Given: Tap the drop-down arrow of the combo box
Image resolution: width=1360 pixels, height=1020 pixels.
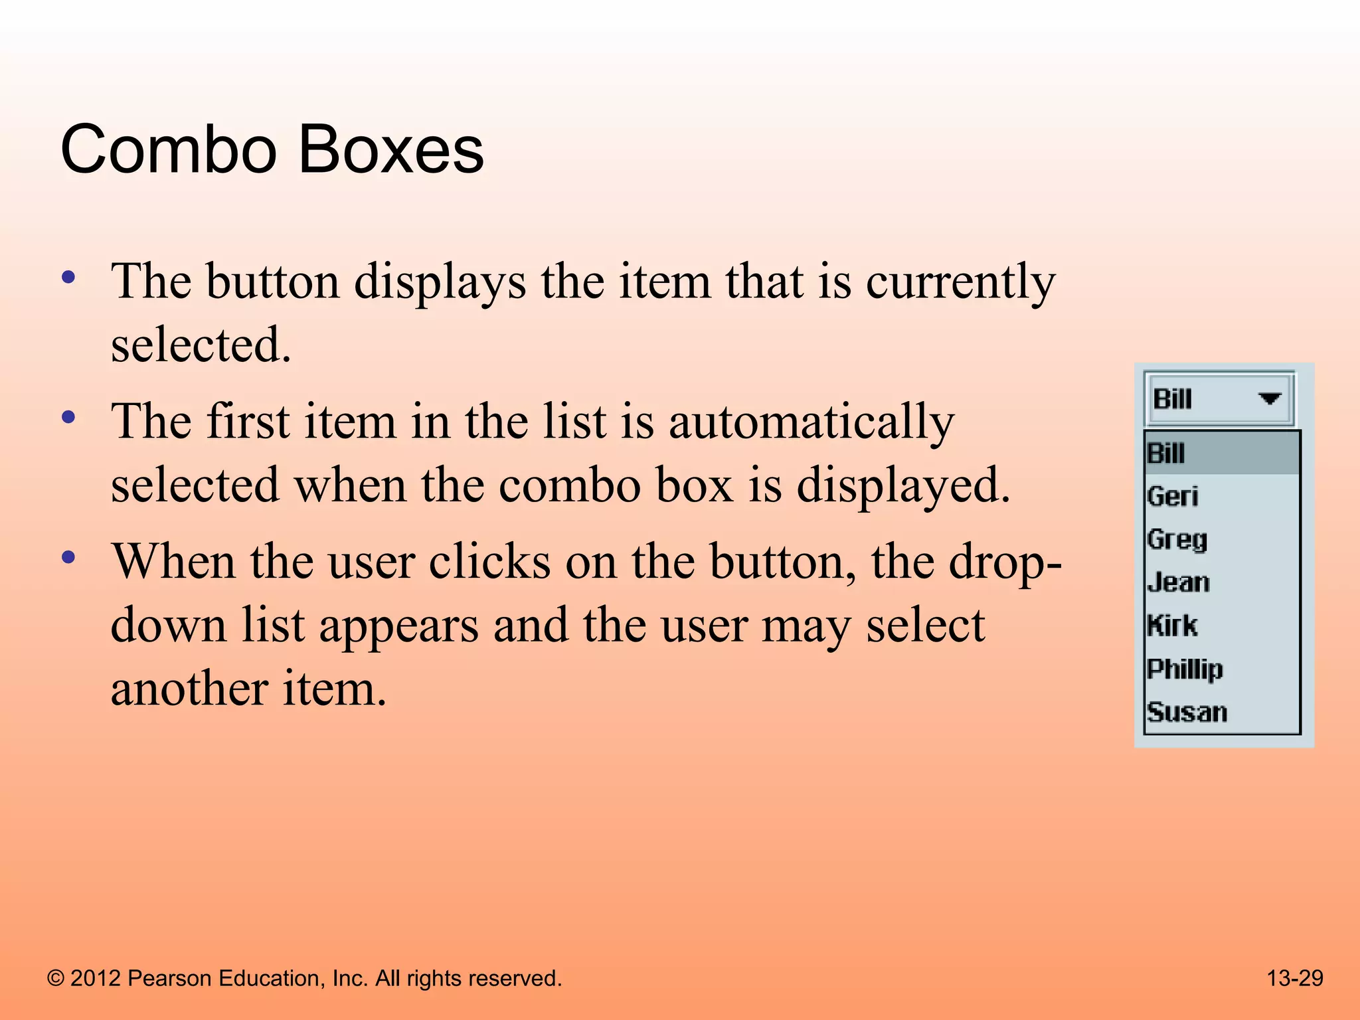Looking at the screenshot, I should [x=1269, y=398].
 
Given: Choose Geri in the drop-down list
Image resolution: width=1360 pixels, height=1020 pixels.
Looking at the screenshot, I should [x=1173, y=497].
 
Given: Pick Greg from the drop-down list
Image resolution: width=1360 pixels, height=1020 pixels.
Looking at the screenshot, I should [x=1177, y=539].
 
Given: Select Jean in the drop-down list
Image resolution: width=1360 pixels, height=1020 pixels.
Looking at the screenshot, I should [x=1178, y=582].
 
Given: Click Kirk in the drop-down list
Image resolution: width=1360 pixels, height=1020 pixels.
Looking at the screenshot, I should [x=1173, y=626].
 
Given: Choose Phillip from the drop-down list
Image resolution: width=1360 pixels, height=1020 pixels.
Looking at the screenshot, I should [x=1185, y=669].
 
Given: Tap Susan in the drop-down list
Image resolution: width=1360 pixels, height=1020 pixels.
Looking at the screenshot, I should [x=1187, y=712].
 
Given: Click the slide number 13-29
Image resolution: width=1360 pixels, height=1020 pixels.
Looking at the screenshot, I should [x=1294, y=978].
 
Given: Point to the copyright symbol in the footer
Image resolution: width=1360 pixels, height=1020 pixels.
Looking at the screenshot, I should [x=56, y=979].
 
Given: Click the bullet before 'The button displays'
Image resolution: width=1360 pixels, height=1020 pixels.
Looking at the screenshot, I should [x=68, y=277].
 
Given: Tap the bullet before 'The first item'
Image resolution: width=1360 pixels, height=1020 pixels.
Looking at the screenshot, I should [x=68, y=418].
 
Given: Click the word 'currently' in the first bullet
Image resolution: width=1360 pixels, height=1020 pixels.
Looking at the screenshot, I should [x=960, y=282].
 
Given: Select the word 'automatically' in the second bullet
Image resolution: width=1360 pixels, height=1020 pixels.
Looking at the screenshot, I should [x=811, y=422].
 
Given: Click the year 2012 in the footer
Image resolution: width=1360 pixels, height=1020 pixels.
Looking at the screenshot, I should [x=96, y=978].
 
